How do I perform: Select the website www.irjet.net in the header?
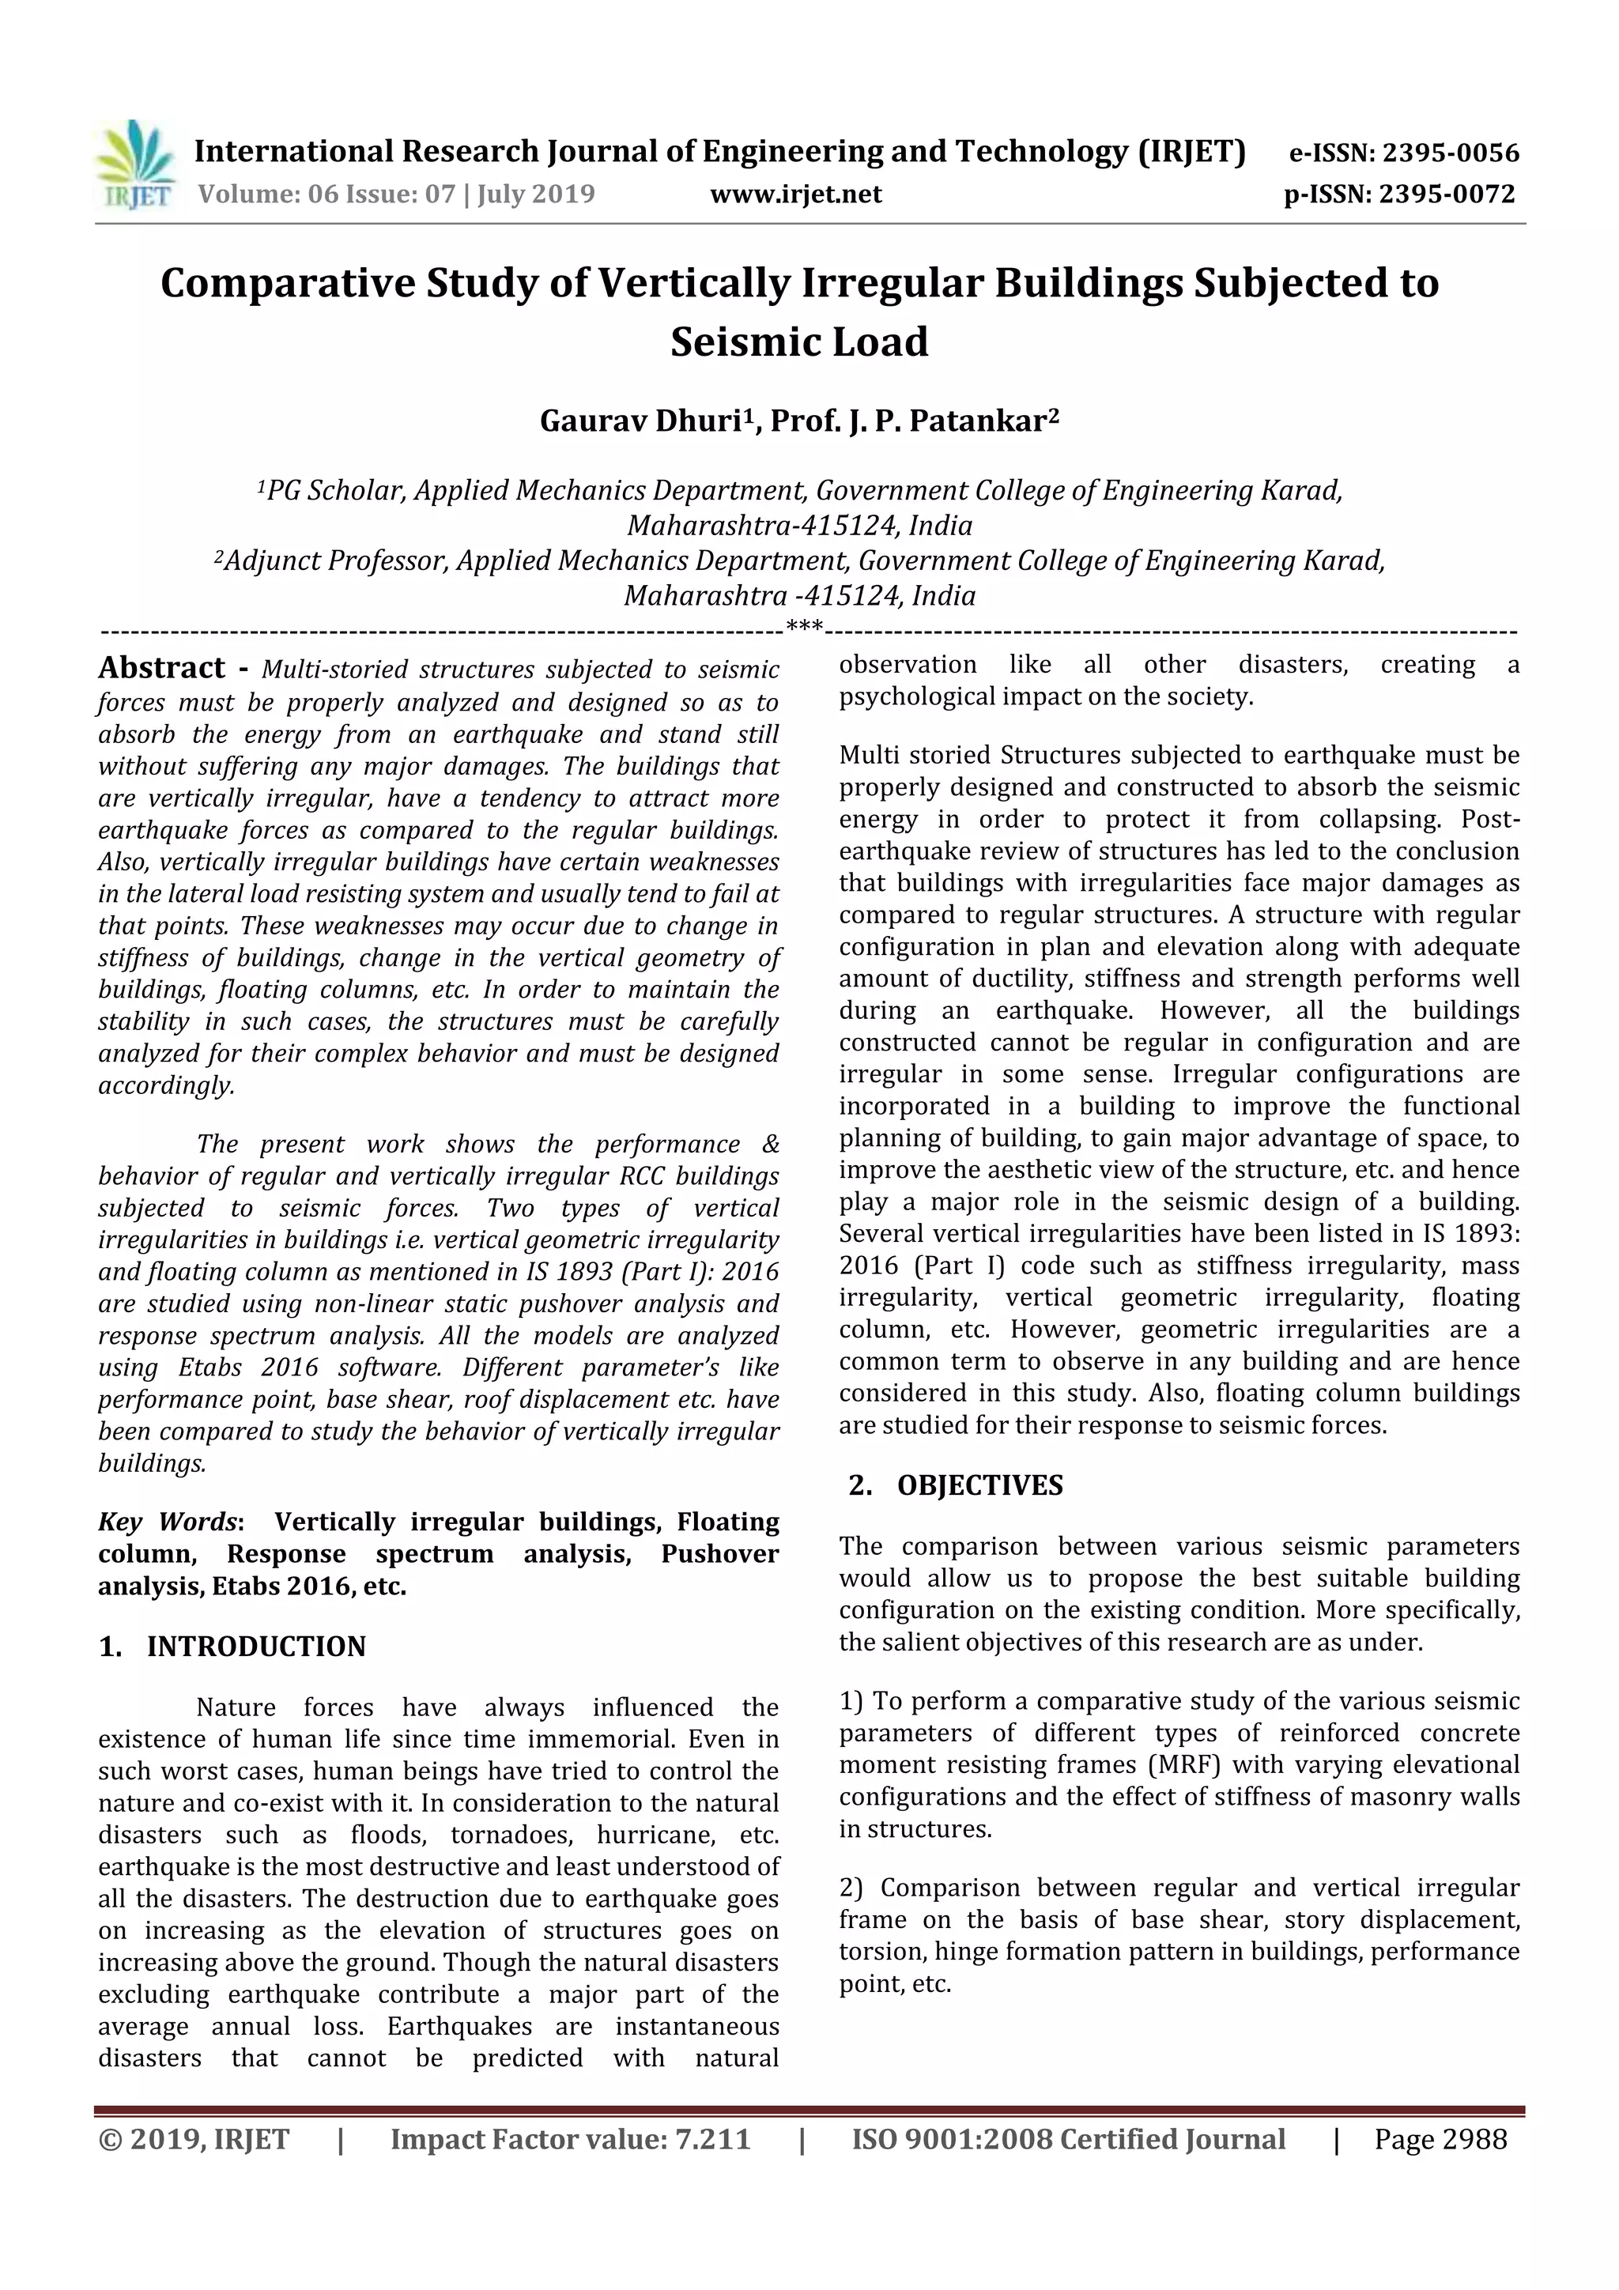[x=795, y=194]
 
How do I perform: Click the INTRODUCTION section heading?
[x=255, y=1647]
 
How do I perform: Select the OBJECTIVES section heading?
[x=979, y=1485]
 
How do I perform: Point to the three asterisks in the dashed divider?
[x=804, y=628]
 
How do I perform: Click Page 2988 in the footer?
[x=1440, y=2139]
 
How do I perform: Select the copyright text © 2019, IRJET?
[x=194, y=2139]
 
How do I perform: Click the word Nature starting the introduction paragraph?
[x=235, y=1707]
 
